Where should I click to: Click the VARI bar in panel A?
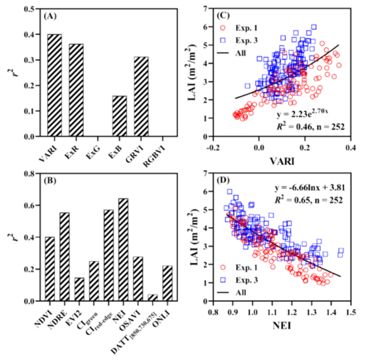tap(54, 85)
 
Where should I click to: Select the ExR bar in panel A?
tap(76, 90)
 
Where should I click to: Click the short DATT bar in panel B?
tap(152, 298)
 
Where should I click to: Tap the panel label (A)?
tap(50, 16)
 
